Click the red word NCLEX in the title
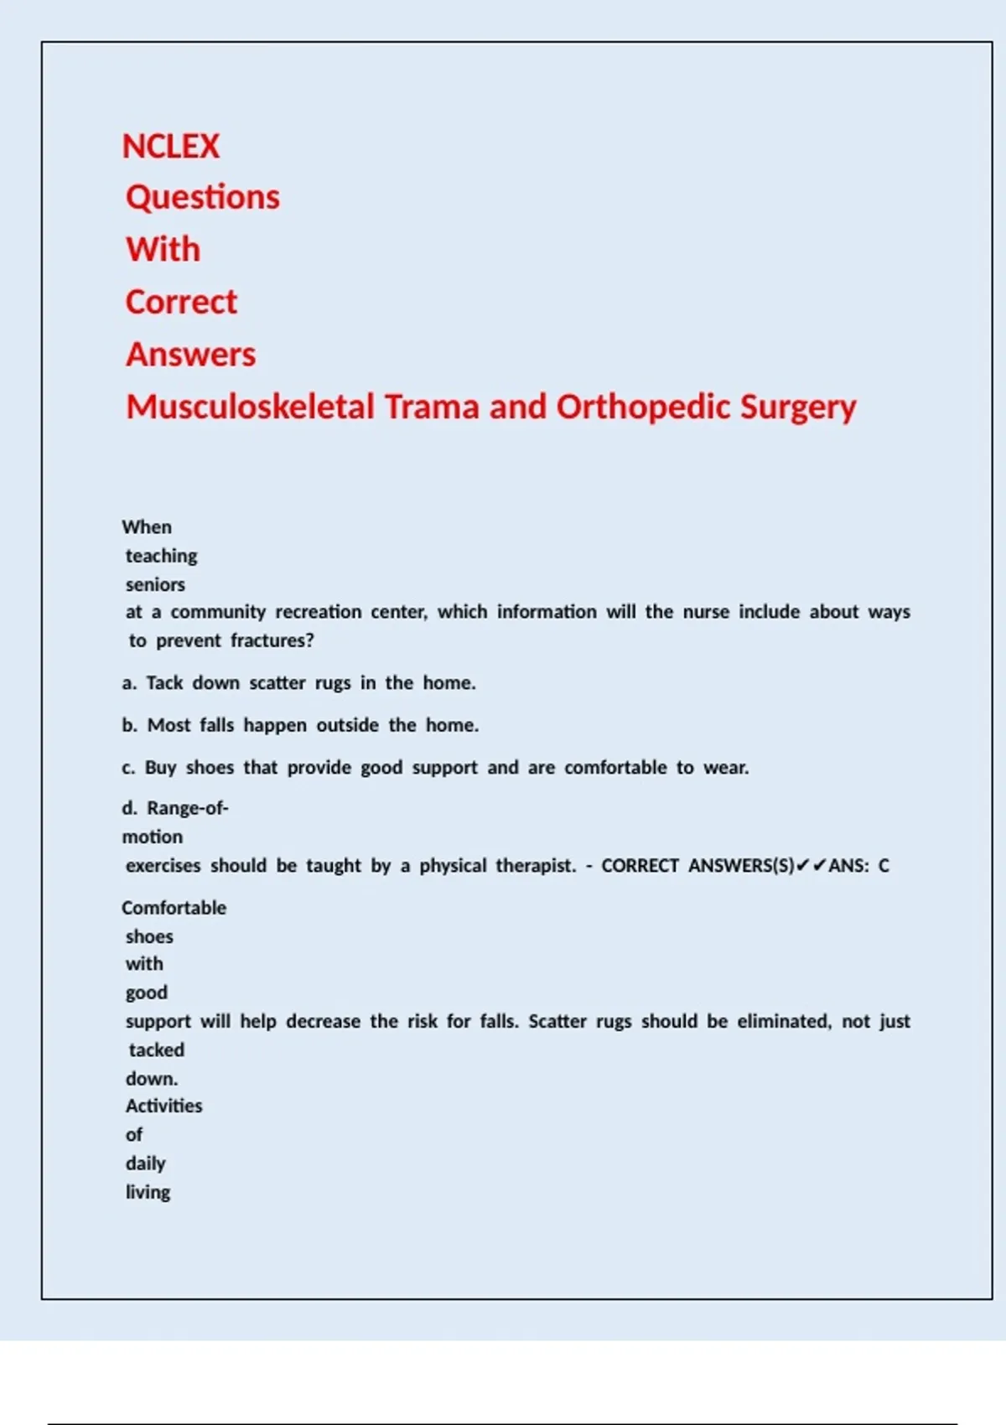coord(171,147)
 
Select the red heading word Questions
coord(203,198)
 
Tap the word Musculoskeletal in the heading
coord(250,407)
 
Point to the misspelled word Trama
coord(433,407)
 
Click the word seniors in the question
coord(155,584)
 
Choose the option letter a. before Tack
coord(129,683)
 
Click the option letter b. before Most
coord(129,725)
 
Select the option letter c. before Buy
coord(128,768)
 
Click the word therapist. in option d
coord(537,866)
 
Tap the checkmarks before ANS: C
coord(812,865)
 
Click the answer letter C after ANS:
coord(884,866)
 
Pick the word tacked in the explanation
coord(156,1049)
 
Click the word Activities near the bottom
coord(164,1106)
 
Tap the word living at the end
coord(148,1192)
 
